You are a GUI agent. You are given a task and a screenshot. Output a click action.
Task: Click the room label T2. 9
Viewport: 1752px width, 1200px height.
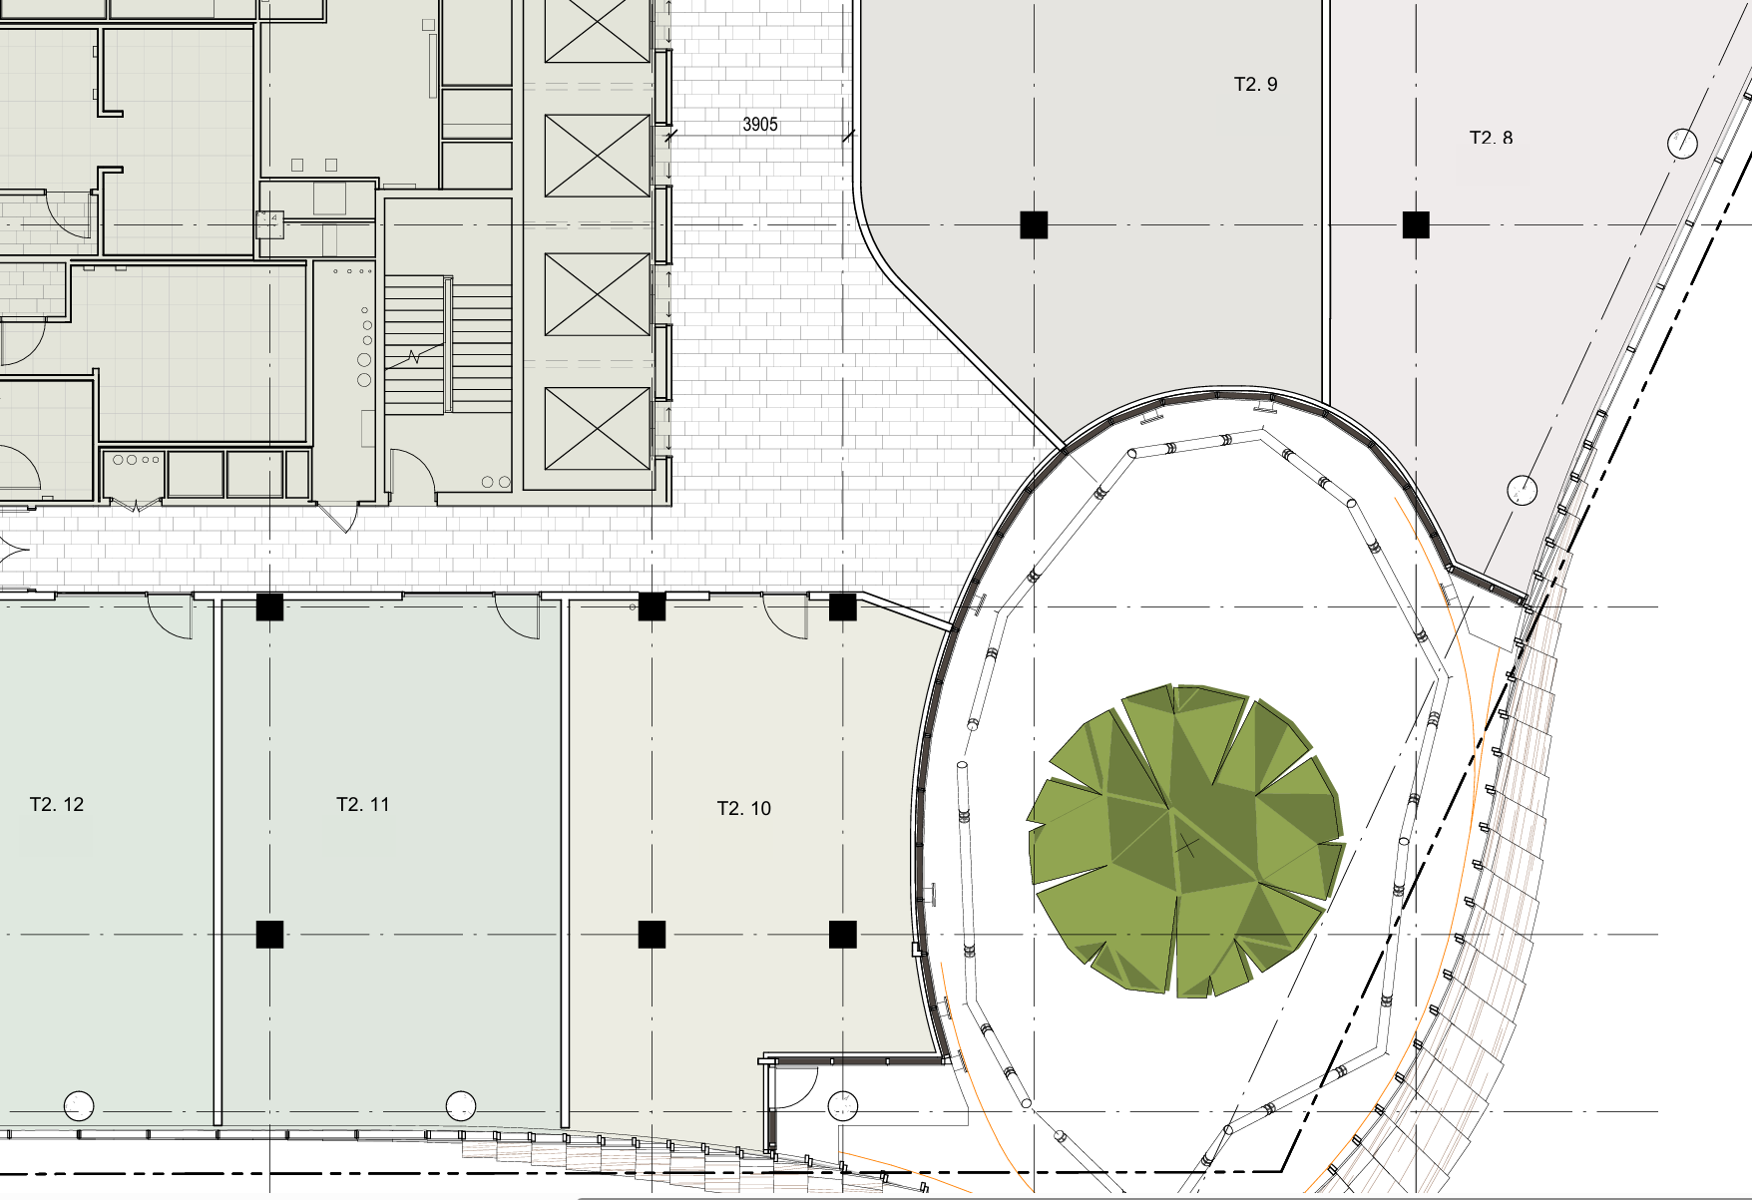pos(1255,85)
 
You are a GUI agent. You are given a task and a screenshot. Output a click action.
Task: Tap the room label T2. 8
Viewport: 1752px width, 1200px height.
pos(1491,138)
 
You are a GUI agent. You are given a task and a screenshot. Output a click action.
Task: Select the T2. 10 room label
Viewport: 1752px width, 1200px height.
pos(744,808)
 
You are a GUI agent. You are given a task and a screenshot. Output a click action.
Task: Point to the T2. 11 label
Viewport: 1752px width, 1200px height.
pos(363,804)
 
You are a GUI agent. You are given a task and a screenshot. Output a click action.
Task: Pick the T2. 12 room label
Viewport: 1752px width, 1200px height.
pos(57,804)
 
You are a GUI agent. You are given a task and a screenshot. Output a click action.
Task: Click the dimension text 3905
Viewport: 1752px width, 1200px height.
pos(760,125)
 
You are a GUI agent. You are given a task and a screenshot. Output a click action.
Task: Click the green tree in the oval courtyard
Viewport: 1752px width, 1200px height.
pos(1185,840)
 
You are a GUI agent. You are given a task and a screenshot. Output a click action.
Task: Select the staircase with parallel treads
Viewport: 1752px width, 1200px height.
pos(448,344)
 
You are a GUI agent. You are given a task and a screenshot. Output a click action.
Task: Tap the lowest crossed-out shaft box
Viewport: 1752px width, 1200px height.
pos(598,428)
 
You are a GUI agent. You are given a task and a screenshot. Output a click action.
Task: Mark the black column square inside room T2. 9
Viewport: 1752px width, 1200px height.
pos(1034,224)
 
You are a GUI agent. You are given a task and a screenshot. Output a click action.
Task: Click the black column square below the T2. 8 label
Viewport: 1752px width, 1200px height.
pos(1416,224)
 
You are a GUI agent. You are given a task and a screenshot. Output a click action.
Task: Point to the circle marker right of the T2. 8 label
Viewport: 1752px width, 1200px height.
pos(1682,144)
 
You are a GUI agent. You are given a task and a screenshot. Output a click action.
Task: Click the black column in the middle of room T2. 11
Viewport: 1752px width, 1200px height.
pos(269,934)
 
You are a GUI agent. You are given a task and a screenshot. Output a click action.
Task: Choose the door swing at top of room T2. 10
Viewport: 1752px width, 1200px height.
pos(785,616)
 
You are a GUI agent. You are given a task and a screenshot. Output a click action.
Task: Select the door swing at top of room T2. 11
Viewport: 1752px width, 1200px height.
pos(517,616)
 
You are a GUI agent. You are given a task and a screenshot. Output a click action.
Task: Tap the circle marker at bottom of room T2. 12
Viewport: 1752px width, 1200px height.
pos(79,1106)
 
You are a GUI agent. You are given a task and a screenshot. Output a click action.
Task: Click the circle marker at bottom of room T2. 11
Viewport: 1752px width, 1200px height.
pos(460,1106)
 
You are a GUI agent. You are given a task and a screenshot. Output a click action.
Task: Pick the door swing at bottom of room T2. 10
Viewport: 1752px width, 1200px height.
pos(796,1088)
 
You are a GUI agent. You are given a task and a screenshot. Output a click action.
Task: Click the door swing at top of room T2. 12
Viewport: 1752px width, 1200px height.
pos(170,616)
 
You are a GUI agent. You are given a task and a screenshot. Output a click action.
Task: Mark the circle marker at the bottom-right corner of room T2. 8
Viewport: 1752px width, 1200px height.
pos(1522,490)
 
